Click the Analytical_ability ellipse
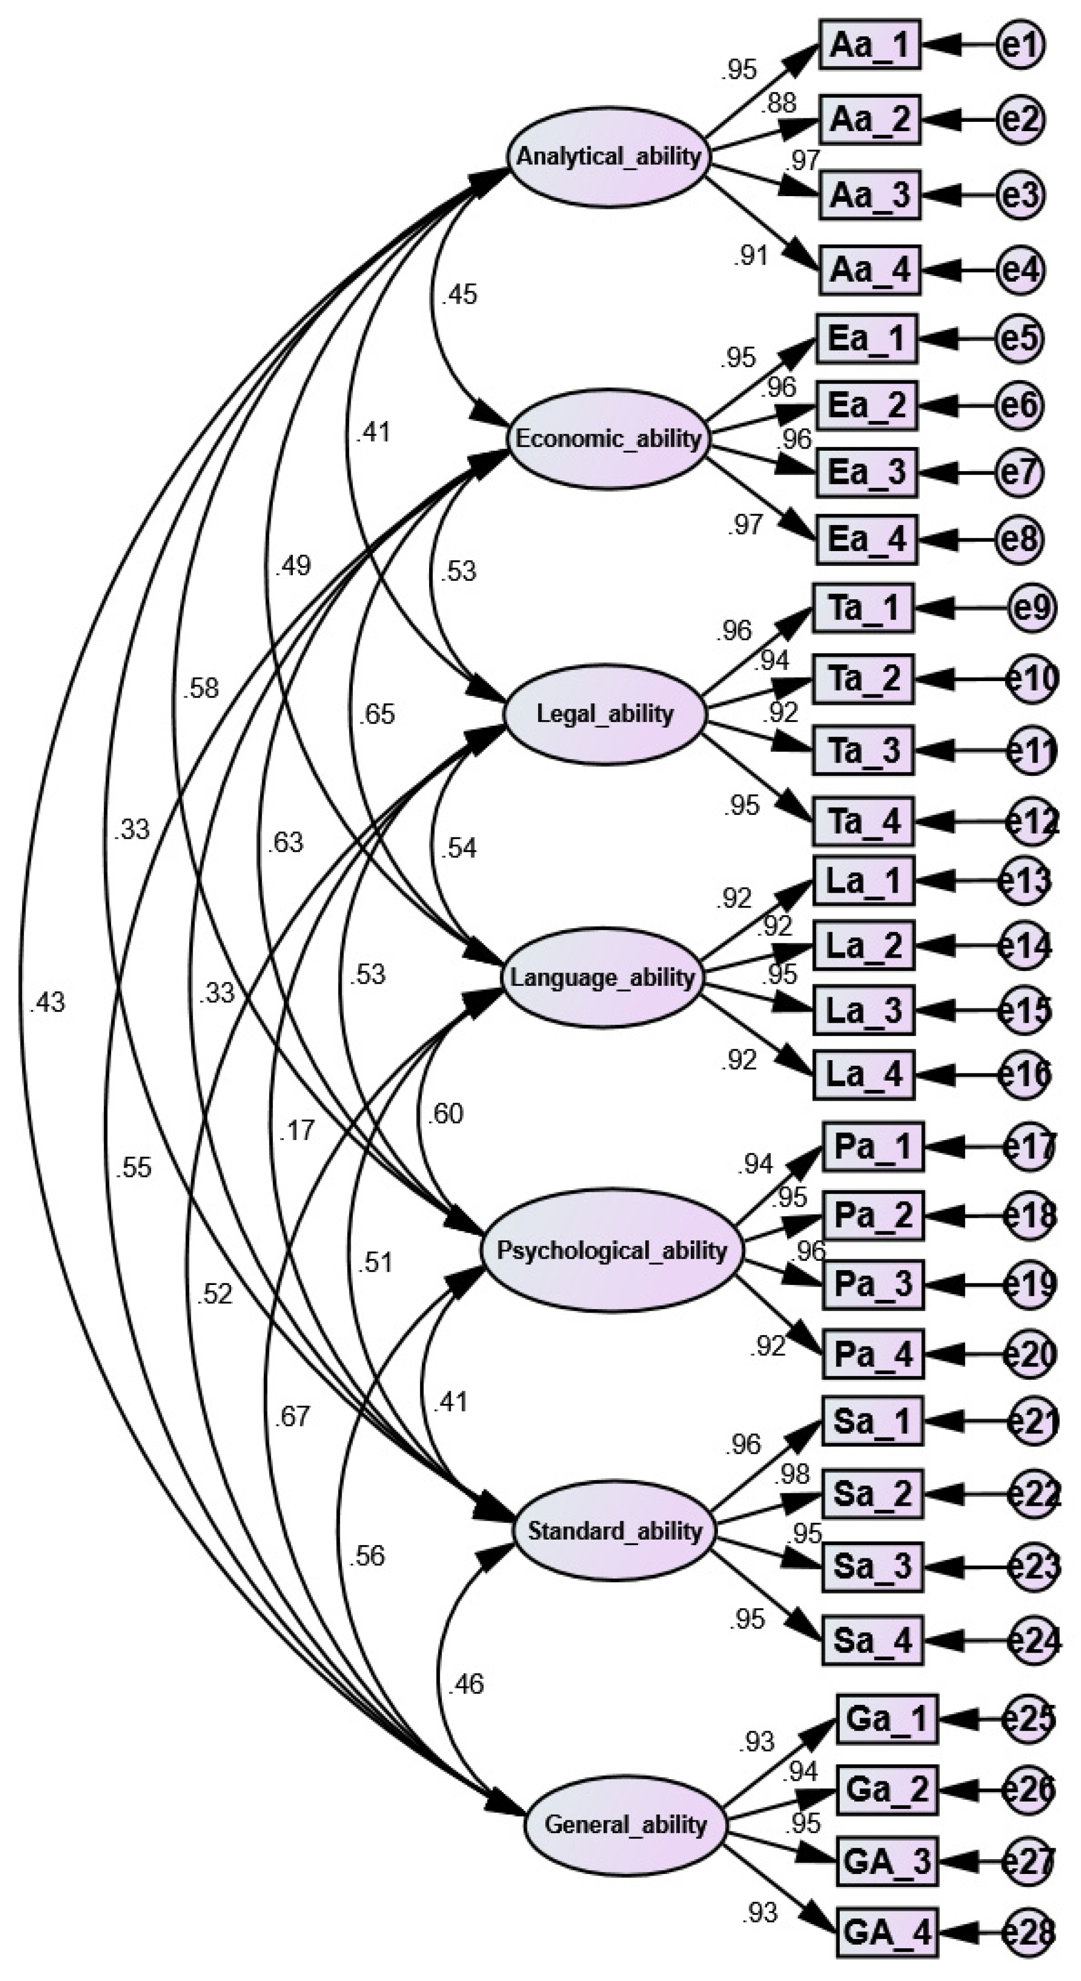tap(607, 157)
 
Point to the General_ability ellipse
tap(625, 1824)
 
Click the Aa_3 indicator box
tap(869, 195)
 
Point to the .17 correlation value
tap(298, 1130)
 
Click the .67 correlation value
tap(293, 1416)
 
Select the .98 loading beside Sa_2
tap(794, 1473)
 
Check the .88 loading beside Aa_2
tap(779, 103)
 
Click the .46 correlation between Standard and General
tap(467, 1684)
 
